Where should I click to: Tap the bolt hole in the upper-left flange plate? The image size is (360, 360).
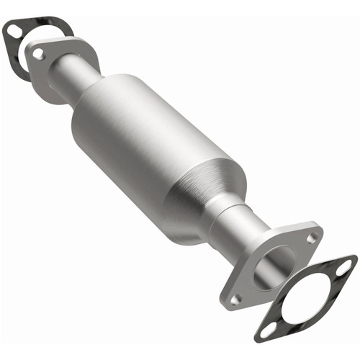38,54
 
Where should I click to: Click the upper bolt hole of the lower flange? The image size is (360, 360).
311,238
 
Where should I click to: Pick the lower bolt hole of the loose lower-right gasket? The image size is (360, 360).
267,330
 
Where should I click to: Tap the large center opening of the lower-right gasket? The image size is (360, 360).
306,299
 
